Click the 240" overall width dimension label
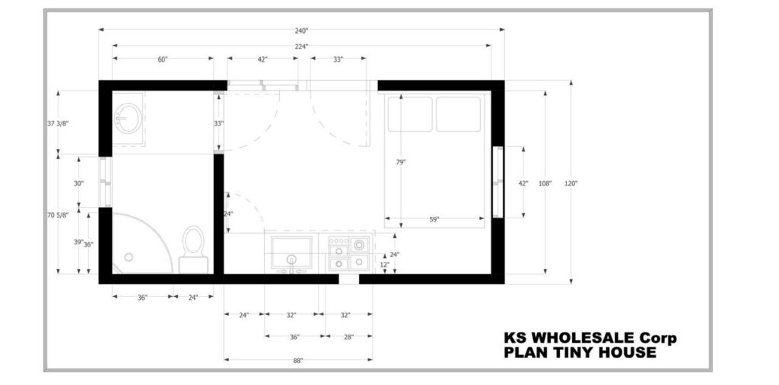click(x=301, y=30)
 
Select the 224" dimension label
click(x=301, y=46)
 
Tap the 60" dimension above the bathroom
click(x=163, y=59)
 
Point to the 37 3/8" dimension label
click(x=58, y=124)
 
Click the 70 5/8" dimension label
click(x=58, y=215)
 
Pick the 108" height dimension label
click(x=545, y=183)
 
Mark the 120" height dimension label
click(x=571, y=183)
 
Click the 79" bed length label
click(x=401, y=162)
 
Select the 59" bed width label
click(x=434, y=219)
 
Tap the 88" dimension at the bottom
click(x=297, y=361)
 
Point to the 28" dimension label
click(x=348, y=337)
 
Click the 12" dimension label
click(x=384, y=264)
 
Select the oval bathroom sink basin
click(x=129, y=118)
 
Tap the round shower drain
click(x=129, y=257)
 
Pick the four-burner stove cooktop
click(x=349, y=253)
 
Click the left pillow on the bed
click(x=410, y=114)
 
